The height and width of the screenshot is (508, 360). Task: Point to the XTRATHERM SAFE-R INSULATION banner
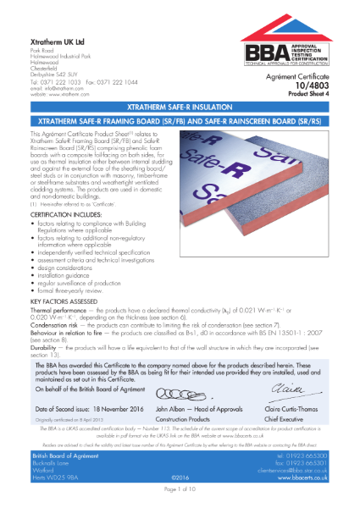tap(180, 109)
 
